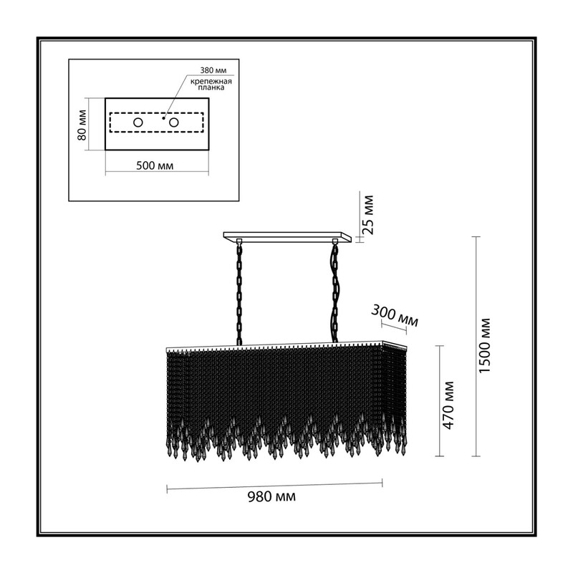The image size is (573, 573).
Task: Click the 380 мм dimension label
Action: click(213, 70)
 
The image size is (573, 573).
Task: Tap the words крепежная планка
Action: click(211, 85)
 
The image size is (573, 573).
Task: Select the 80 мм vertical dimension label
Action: click(82, 125)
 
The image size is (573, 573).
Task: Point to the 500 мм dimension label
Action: click(155, 166)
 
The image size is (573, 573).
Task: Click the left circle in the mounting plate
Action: click(138, 122)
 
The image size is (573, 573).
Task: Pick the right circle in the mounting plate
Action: click(173, 122)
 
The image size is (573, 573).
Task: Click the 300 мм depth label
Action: click(395, 316)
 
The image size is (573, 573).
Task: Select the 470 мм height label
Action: click(448, 405)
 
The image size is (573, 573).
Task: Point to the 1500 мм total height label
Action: click(485, 346)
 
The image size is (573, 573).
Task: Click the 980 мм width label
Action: click(271, 496)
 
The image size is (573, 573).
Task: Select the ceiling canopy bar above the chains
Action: click(288, 237)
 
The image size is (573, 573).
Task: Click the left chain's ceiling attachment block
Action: click(239, 241)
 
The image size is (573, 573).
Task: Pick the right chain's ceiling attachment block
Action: click(334, 241)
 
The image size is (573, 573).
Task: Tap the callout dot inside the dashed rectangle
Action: click(164, 118)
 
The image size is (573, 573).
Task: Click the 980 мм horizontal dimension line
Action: click(274, 486)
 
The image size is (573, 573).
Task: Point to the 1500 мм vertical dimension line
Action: click(476, 347)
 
